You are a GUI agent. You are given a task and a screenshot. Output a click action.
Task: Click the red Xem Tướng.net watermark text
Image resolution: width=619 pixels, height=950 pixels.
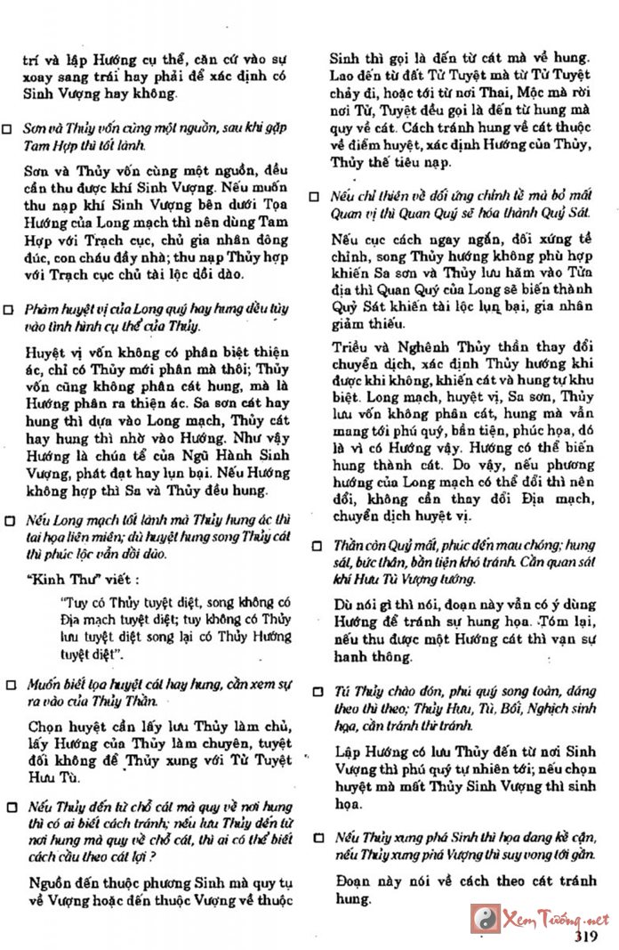555,919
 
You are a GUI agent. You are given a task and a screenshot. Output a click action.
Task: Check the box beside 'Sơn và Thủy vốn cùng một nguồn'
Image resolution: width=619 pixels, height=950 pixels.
8,129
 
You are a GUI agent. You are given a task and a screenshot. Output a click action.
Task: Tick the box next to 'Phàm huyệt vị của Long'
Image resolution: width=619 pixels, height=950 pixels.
8,310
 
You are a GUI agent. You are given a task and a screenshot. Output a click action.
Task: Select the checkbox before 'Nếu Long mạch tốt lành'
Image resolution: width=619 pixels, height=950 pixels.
8,520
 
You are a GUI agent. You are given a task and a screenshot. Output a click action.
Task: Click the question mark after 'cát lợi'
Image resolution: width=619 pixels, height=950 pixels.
154,857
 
